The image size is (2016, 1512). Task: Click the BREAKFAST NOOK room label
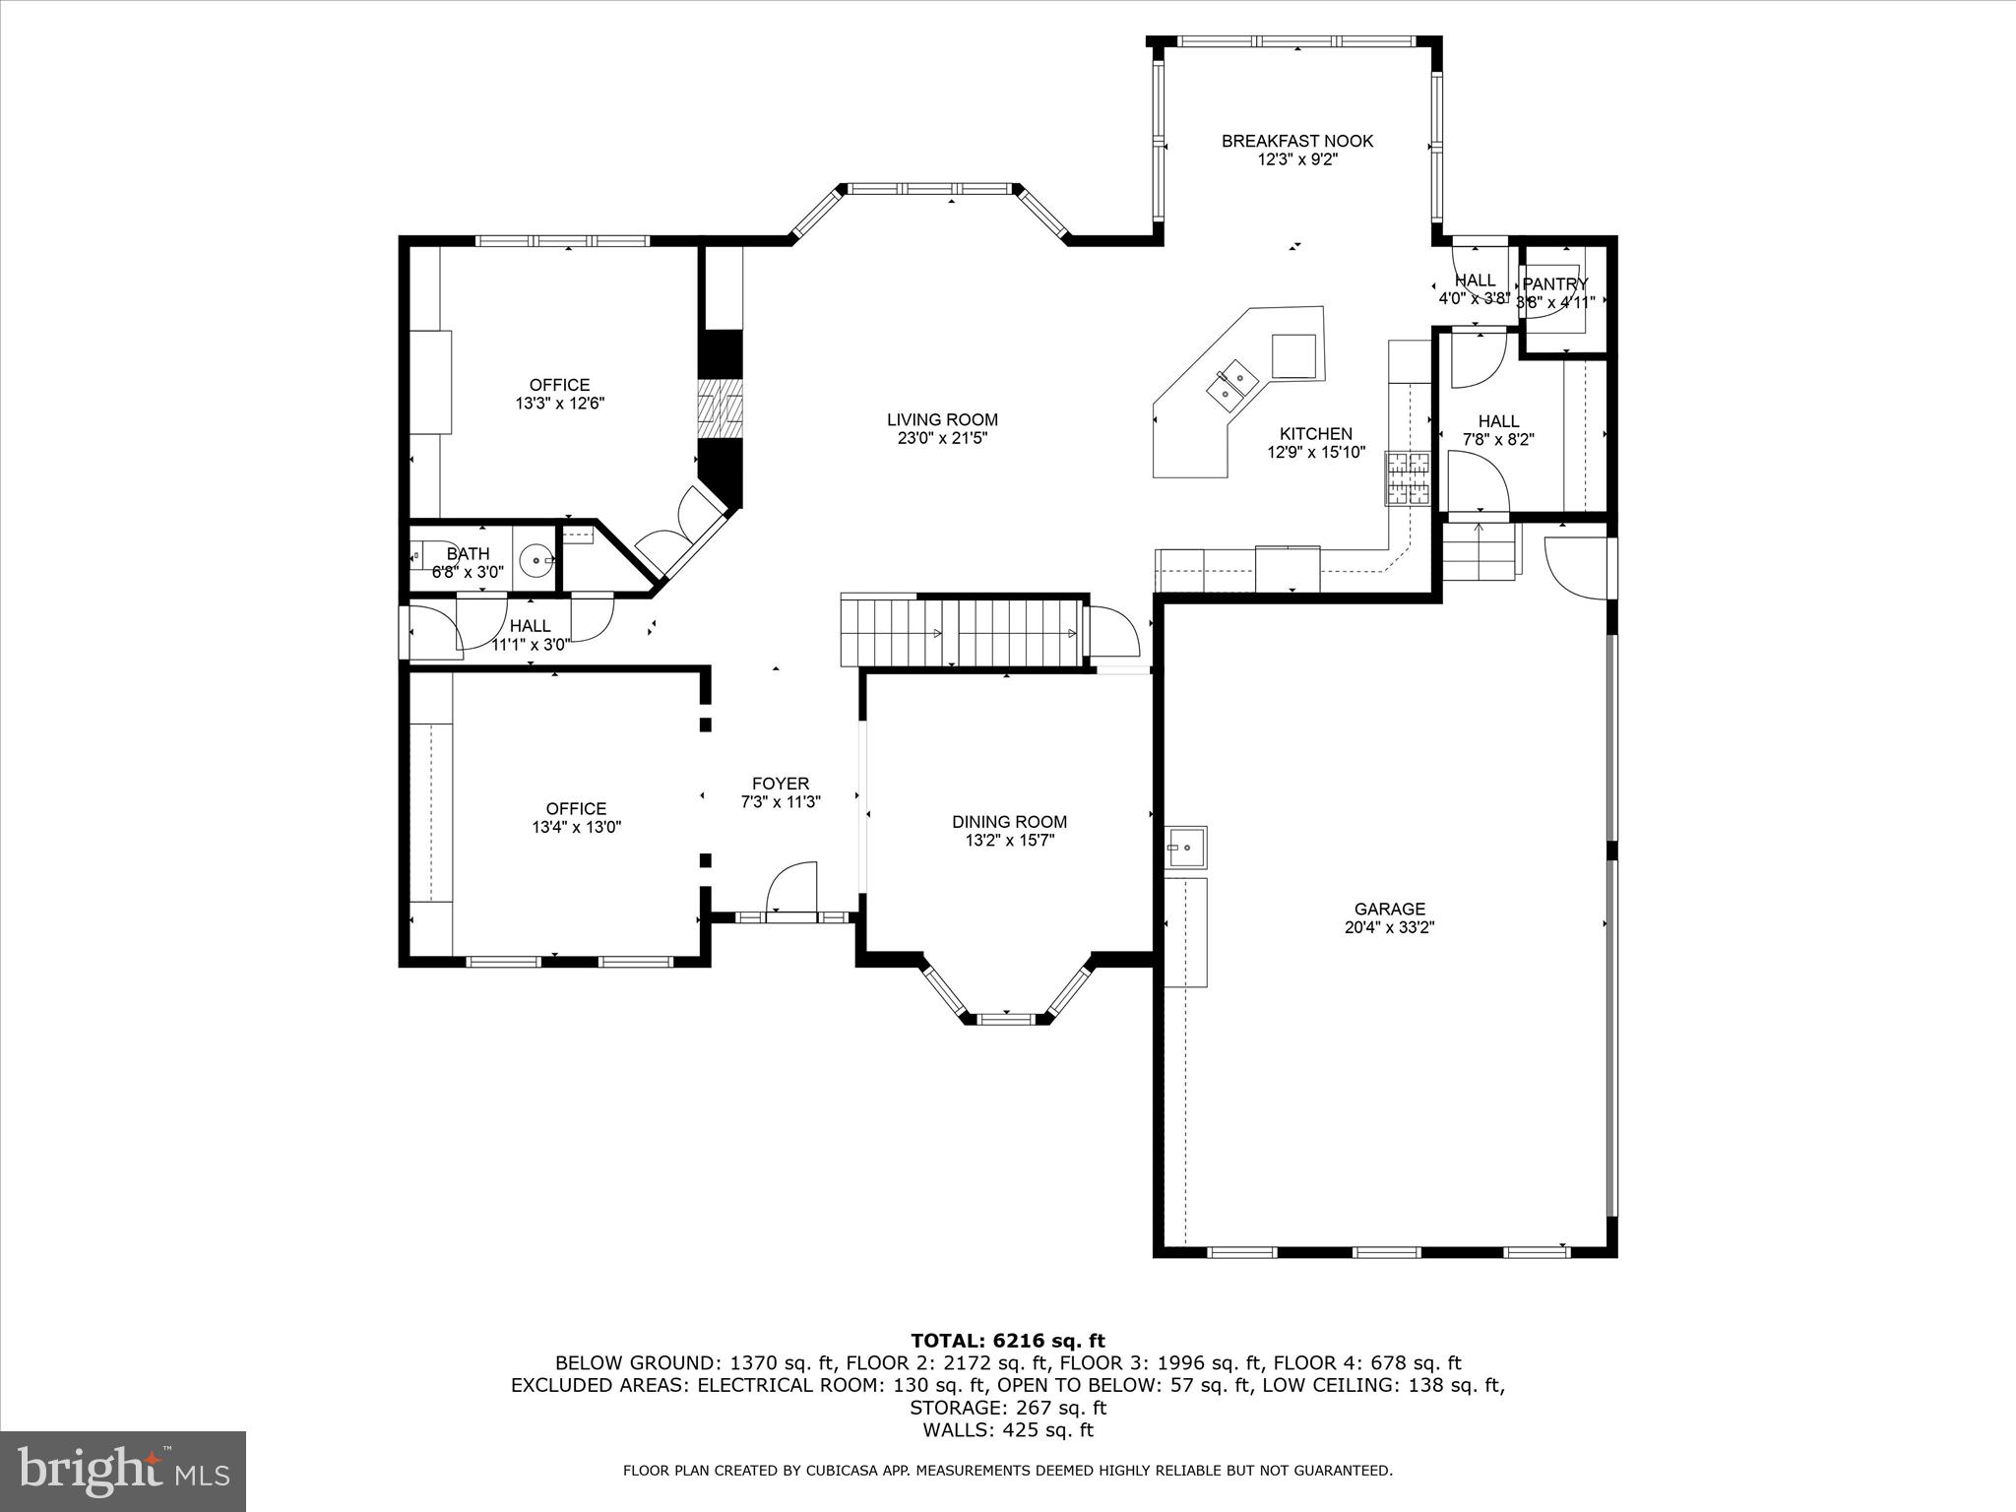click(1296, 141)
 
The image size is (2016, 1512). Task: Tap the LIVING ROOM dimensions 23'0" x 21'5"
click(942, 438)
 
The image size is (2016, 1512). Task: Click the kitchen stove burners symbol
click(1408, 478)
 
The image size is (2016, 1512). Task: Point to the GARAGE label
click(1389, 909)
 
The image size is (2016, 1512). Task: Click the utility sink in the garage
click(1185, 847)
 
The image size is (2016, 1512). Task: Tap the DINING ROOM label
click(1009, 821)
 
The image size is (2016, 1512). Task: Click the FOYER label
click(780, 784)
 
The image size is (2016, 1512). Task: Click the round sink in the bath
click(536, 560)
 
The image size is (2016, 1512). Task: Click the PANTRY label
click(1555, 283)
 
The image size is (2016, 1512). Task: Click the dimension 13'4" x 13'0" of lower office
click(577, 828)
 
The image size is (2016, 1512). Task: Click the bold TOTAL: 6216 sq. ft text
click(1007, 1340)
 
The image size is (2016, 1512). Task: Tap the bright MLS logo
click(123, 1472)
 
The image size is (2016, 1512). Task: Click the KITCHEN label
click(1315, 433)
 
